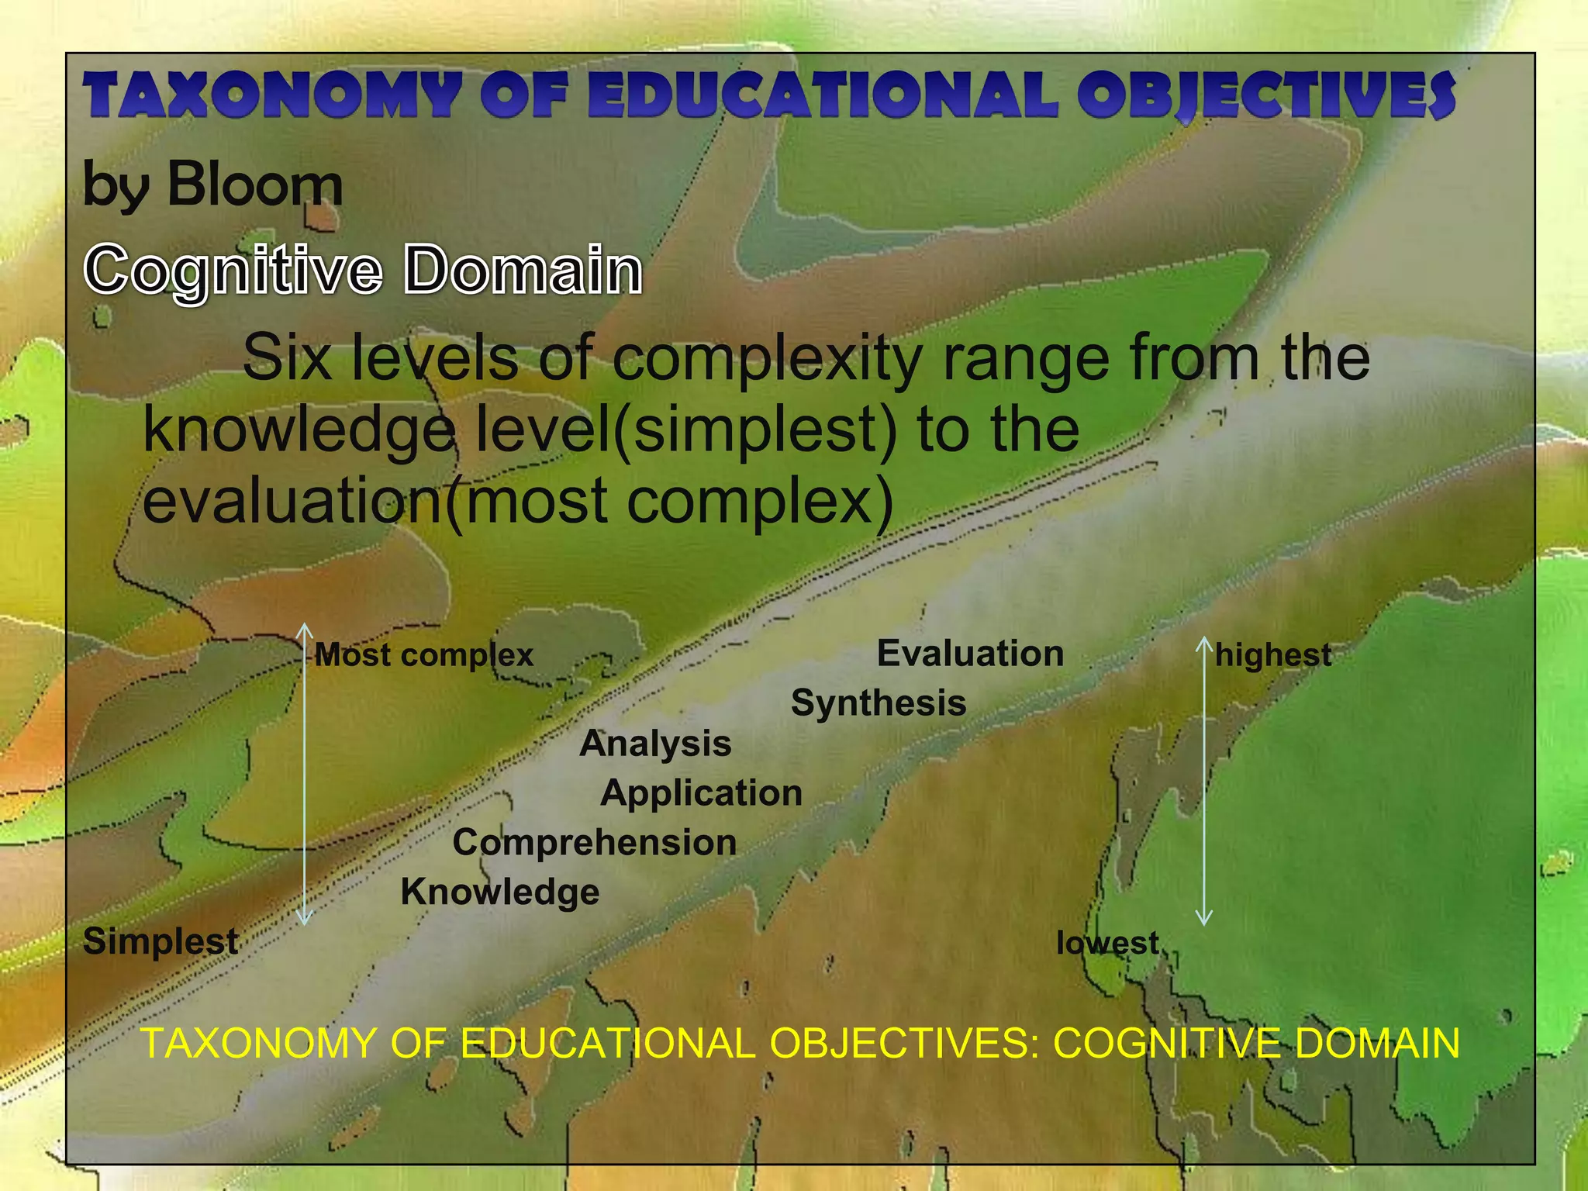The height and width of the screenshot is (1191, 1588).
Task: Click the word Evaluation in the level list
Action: coord(970,654)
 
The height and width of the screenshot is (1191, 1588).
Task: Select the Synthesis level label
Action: coord(879,703)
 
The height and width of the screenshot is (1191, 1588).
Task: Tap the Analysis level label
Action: coord(655,744)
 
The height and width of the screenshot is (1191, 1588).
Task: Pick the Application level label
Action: coord(701,793)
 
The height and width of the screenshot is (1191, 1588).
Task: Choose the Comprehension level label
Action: coord(594,843)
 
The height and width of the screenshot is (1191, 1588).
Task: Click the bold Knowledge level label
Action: coord(500,892)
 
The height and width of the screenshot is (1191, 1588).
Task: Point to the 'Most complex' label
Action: coord(424,656)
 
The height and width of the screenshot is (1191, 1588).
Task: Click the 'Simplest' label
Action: coord(161,941)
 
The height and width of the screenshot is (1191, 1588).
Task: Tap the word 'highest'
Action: coord(1273,655)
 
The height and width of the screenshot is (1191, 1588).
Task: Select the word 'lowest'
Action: coord(1107,943)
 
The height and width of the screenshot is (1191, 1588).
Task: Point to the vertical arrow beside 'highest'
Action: coord(1204,780)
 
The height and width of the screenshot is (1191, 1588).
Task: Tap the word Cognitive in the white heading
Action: coord(233,270)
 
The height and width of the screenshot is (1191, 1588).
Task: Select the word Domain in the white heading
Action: coord(523,270)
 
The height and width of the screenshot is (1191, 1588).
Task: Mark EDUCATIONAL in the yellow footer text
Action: coord(608,1043)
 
